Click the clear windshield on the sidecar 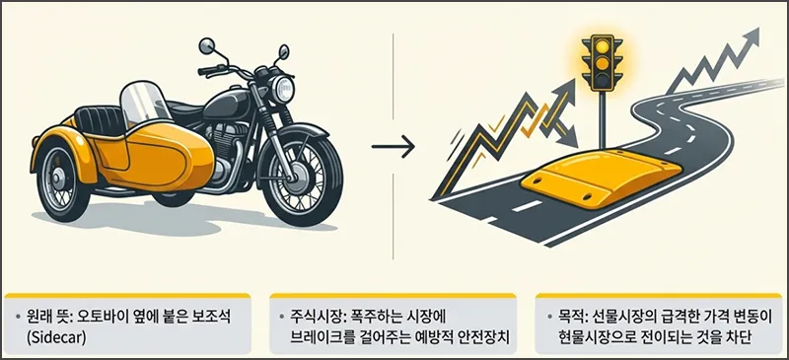pos(142,104)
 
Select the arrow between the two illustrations pos(391,150)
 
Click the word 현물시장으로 pos(591,335)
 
